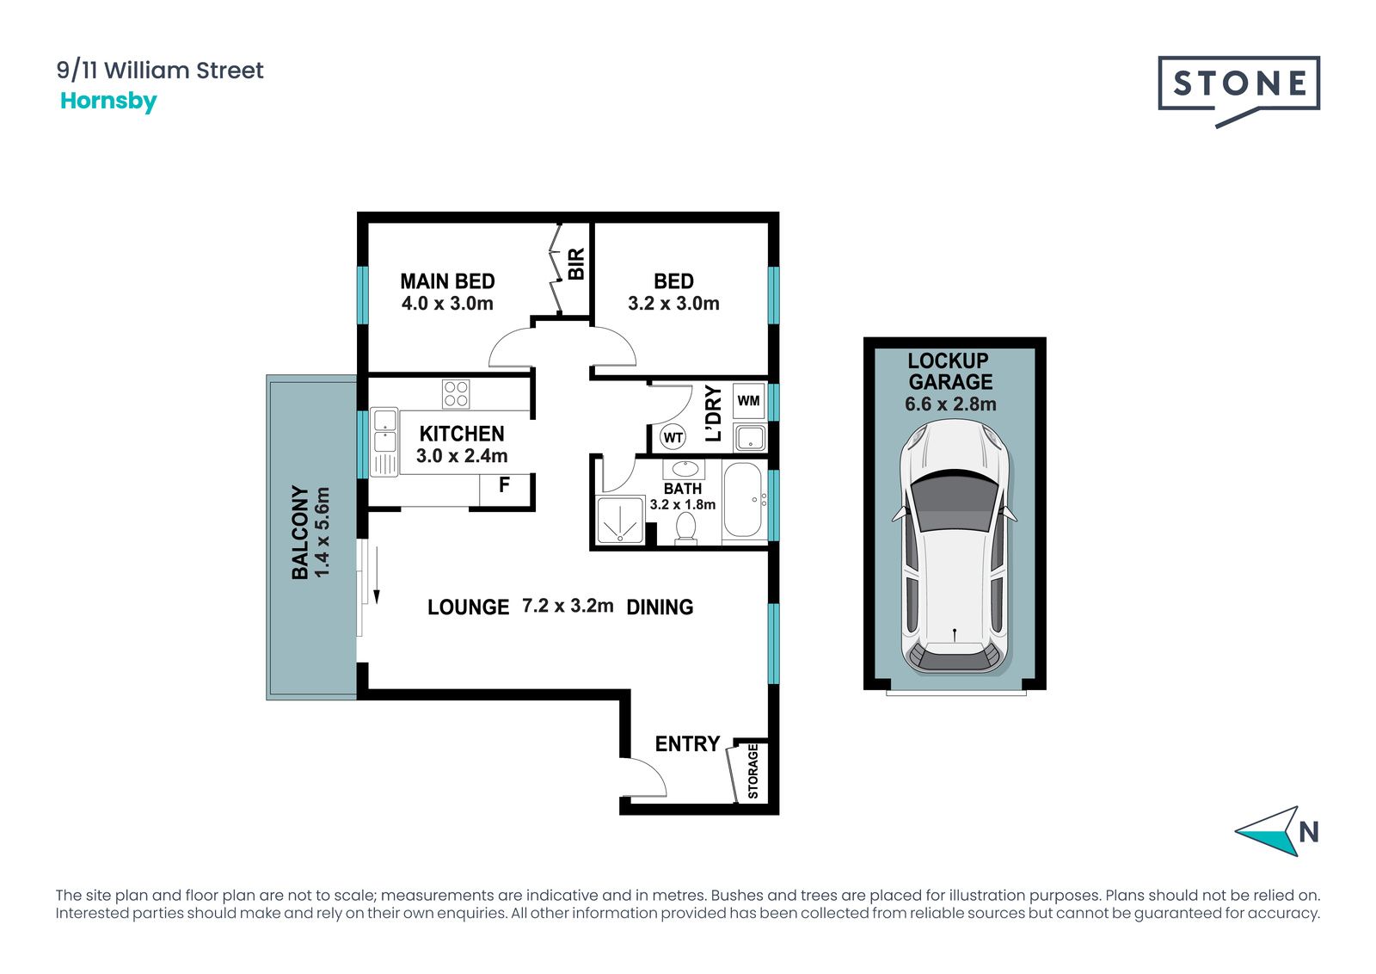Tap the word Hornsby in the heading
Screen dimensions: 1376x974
coord(108,101)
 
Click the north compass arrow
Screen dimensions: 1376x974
coord(1268,831)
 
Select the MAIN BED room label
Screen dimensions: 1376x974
coord(447,281)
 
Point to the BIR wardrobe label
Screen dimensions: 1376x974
coord(576,264)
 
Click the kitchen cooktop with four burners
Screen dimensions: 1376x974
coord(456,394)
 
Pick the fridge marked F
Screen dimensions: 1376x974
coord(504,490)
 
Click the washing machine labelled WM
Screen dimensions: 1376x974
coord(749,401)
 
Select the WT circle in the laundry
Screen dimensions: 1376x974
coord(673,438)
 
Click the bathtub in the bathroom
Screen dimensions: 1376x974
coord(743,501)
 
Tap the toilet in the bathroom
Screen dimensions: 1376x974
coord(685,527)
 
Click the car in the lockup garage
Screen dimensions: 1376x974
coord(954,547)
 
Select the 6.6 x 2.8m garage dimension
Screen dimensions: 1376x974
coord(950,404)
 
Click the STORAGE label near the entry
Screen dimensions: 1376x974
coord(753,771)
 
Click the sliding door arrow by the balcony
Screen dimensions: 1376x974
coord(377,575)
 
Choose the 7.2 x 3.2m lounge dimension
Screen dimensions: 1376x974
coord(568,606)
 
